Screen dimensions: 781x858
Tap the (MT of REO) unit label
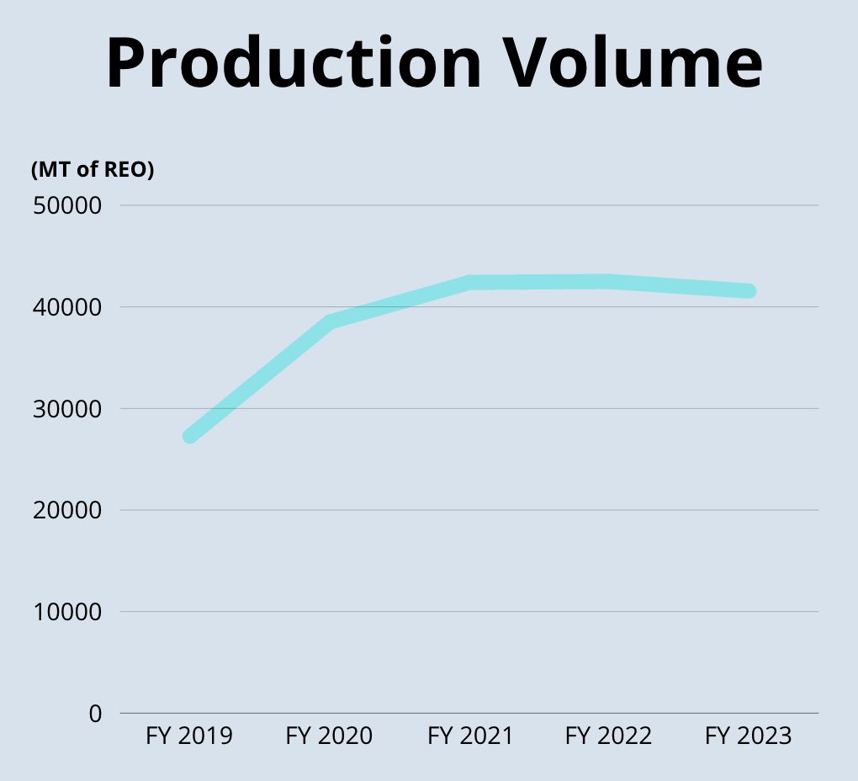93,169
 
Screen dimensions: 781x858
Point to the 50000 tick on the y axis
67,206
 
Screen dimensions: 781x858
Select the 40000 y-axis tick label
67,307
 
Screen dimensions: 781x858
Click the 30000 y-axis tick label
67,409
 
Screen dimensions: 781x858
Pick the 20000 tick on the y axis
67,510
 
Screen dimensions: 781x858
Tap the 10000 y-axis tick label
67,612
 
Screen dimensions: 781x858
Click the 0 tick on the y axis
94,714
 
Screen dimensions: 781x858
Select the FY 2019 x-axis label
189,736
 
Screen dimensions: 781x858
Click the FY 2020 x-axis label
329,736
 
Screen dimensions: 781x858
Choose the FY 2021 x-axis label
470,736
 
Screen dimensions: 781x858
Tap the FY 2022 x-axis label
608,736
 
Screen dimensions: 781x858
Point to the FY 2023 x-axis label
749,736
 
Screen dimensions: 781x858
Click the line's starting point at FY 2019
190,436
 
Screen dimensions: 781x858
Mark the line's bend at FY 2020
330,322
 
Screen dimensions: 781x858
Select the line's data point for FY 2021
470,283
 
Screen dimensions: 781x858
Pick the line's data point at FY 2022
608,282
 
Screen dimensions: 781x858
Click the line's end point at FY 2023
749,291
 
